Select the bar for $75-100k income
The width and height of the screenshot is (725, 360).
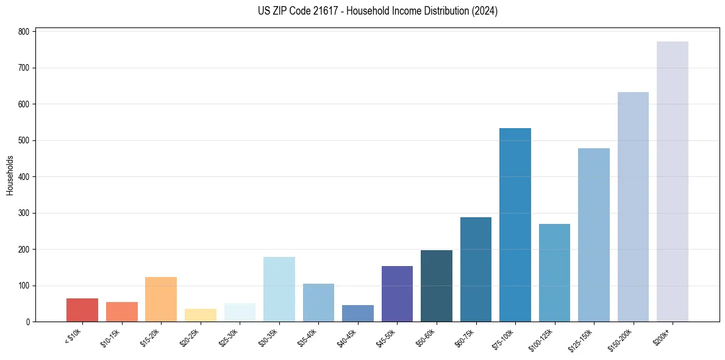coord(515,225)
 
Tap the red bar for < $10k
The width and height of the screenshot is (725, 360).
coord(82,310)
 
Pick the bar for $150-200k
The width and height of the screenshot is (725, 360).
coord(633,207)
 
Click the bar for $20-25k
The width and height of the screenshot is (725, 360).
coord(201,315)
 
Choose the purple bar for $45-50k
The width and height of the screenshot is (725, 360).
coord(397,294)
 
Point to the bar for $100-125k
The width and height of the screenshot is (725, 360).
coord(554,273)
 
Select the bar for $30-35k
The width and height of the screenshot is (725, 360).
coord(279,289)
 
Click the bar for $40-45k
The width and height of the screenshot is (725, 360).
coord(358,314)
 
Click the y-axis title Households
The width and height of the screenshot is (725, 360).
coord(10,175)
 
